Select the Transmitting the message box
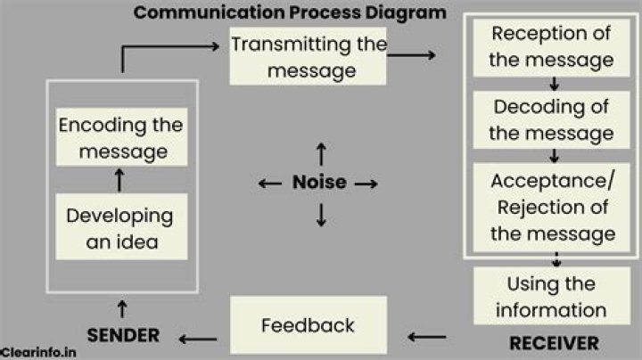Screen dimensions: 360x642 (309, 56)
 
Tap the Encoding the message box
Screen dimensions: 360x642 (120, 137)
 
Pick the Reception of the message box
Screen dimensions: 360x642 (552, 47)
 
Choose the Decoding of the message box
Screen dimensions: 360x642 (552, 120)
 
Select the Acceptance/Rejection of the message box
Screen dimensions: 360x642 (552, 207)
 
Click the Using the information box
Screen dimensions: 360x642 (551, 297)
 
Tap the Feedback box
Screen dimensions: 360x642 (309, 325)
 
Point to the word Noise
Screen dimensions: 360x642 (319, 183)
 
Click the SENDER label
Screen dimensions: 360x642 (122, 336)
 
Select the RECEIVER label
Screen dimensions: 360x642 (553, 343)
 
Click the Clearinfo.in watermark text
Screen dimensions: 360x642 (37, 353)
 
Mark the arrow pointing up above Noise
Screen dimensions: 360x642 (321, 151)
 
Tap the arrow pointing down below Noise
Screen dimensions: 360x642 (321, 214)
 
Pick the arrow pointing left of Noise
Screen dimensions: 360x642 (270, 184)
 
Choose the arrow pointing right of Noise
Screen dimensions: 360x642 (366, 184)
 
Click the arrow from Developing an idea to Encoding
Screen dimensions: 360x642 (119, 181)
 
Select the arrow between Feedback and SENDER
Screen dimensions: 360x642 (198, 337)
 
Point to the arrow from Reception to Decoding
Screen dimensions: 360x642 (555, 85)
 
